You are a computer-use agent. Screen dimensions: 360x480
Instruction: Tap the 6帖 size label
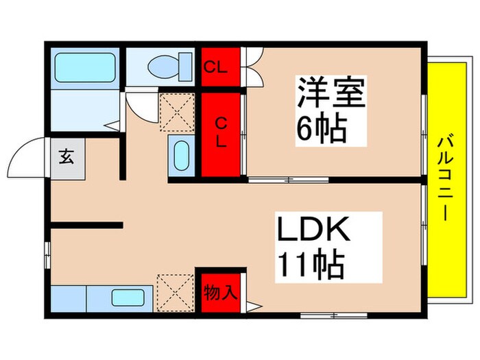(320, 129)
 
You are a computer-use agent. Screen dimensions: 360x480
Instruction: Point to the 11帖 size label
(310, 265)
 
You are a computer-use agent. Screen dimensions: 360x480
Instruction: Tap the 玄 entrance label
(67, 157)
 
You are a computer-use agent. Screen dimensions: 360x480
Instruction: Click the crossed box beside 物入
(173, 293)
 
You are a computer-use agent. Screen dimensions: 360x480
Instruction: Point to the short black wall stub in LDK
(86, 224)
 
